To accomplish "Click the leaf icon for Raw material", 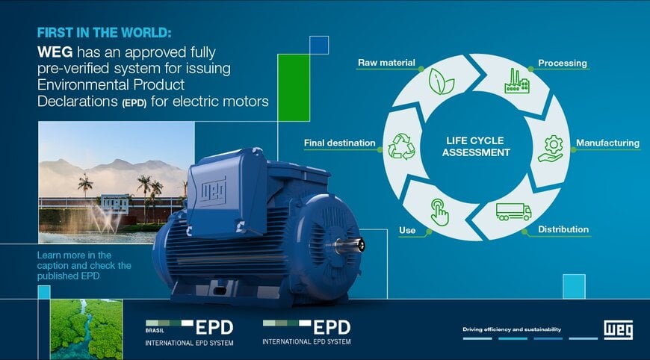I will pyautogui.click(x=442, y=80).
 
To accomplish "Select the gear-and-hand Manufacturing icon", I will pyautogui.click(x=551, y=148).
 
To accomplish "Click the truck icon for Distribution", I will pyautogui.click(x=513, y=212).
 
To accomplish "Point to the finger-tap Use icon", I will pyautogui.click(x=439, y=212).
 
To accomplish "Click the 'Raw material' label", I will pyautogui.click(x=386, y=63).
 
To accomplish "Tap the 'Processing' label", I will pyautogui.click(x=563, y=63).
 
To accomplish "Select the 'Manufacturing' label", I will pyautogui.click(x=607, y=143).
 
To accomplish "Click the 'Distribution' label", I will pyautogui.click(x=563, y=229).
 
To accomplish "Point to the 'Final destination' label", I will pyautogui.click(x=339, y=143).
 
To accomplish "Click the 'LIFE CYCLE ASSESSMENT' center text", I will pyautogui.click(x=476, y=146).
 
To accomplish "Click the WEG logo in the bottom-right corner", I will pyautogui.click(x=619, y=329).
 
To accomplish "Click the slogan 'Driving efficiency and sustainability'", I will pyautogui.click(x=512, y=329).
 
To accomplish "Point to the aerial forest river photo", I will pyautogui.click(x=86, y=329).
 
